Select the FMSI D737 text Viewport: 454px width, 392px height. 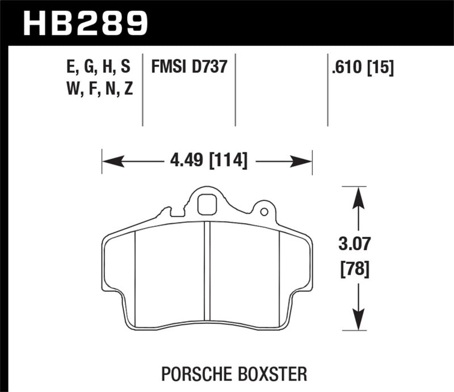189,67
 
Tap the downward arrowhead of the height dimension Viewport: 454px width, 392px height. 357,318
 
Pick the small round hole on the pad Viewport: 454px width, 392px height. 263,212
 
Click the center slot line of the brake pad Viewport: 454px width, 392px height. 208,275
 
